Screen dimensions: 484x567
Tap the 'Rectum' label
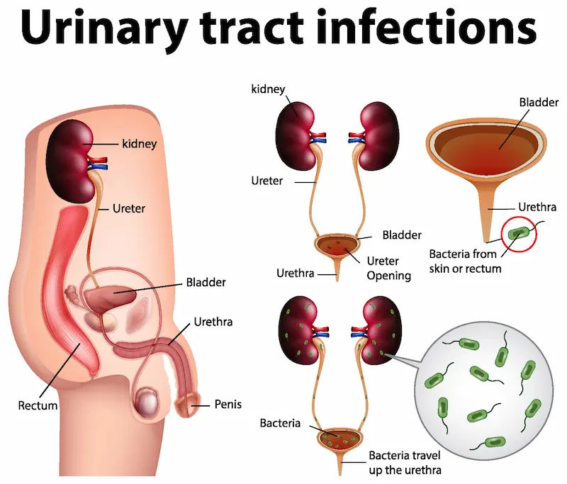pyautogui.click(x=38, y=406)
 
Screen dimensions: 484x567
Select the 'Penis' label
pyautogui.click(x=228, y=405)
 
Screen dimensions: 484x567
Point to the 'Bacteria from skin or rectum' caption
pyautogui.click(x=465, y=261)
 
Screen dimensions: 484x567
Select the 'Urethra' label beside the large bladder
pyautogui.click(x=537, y=208)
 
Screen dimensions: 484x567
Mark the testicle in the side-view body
pyautogui.click(x=147, y=401)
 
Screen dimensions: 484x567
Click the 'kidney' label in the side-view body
pyautogui.click(x=138, y=144)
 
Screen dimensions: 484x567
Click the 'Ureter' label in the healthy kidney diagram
pyautogui.click(x=266, y=181)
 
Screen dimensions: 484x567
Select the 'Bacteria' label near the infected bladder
pyautogui.click(x=280, y=423)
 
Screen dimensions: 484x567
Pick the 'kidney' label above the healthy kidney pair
pyautogui.click(x=268, y=89)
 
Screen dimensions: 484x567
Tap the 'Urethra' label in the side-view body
pyautogui.click(x=213, y=322)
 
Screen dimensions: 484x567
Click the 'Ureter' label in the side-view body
pyautogui.click(x=130, y=209)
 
